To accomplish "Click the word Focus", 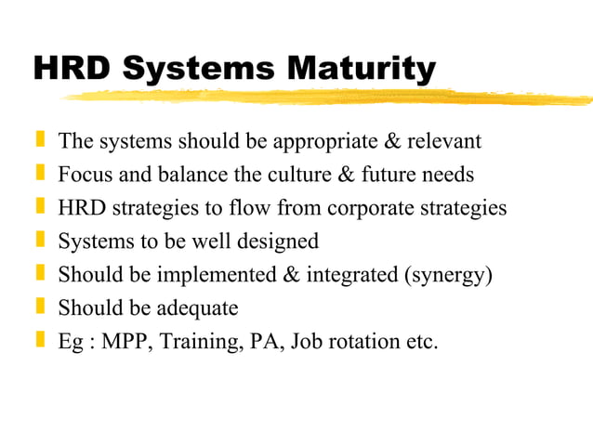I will (x=83, y=175).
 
